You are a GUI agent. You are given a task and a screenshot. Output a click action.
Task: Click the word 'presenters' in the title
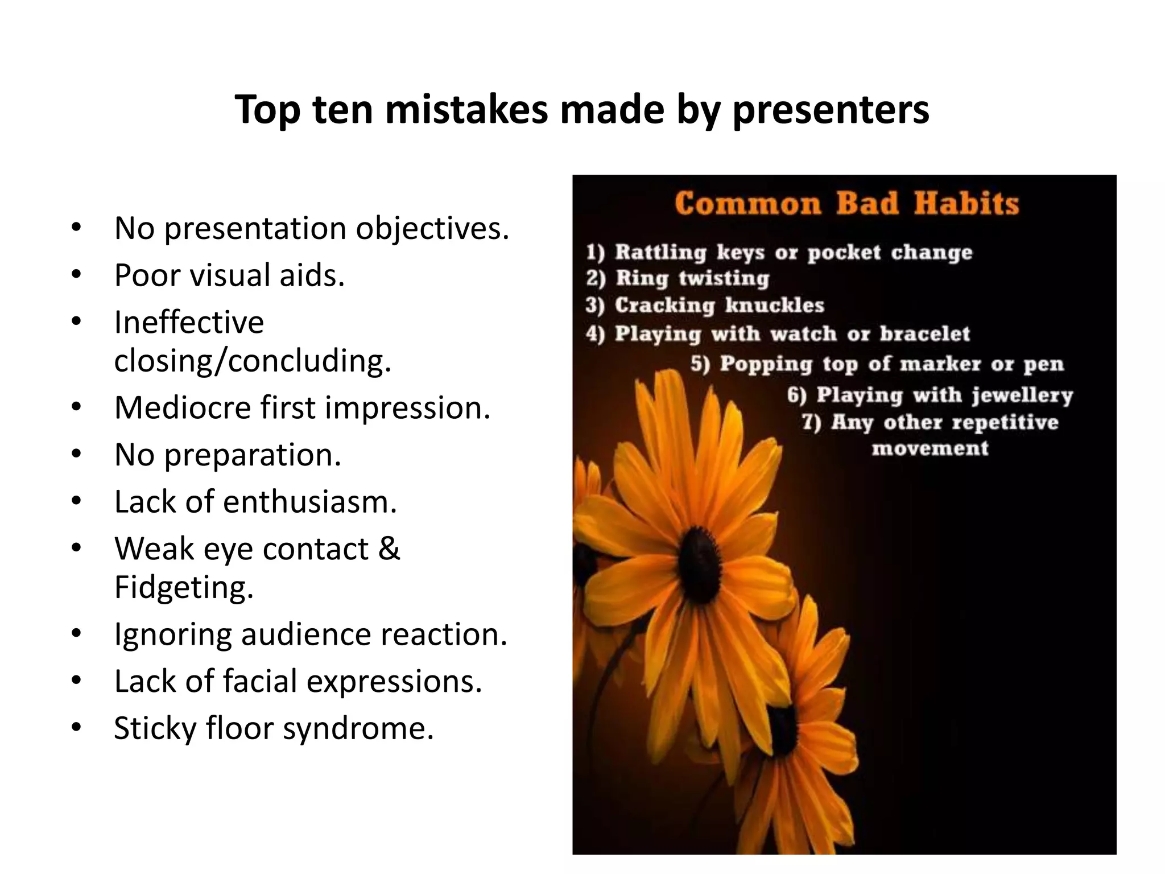point(831,110)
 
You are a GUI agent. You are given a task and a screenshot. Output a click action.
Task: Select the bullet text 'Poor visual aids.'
point(229,275)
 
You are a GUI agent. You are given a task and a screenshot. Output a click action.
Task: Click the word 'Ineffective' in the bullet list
point(189,322)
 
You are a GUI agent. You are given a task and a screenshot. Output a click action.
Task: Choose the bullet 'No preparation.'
point(228,455)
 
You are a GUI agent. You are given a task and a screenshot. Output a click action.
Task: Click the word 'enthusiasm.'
point(309,502)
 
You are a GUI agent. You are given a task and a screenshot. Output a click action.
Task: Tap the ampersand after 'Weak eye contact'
point(389,549)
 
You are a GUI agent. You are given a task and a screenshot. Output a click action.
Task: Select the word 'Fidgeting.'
point(183,587)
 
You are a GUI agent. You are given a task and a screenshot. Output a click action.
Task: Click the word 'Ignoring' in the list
point(172,634)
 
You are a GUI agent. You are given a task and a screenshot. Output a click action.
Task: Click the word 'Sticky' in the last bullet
point(155,728)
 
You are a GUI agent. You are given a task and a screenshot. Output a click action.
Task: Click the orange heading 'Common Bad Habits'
point(846,204)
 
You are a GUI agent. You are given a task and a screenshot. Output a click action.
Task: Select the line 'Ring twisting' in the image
point(692,278)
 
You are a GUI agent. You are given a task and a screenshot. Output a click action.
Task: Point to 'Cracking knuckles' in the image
point(719,306)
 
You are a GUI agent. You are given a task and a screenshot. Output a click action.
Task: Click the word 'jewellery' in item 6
point(1022,395)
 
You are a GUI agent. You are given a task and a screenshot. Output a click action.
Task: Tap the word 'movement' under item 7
point(930,448)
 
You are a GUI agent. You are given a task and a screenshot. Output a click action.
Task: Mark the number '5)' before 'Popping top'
point(701,364)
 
